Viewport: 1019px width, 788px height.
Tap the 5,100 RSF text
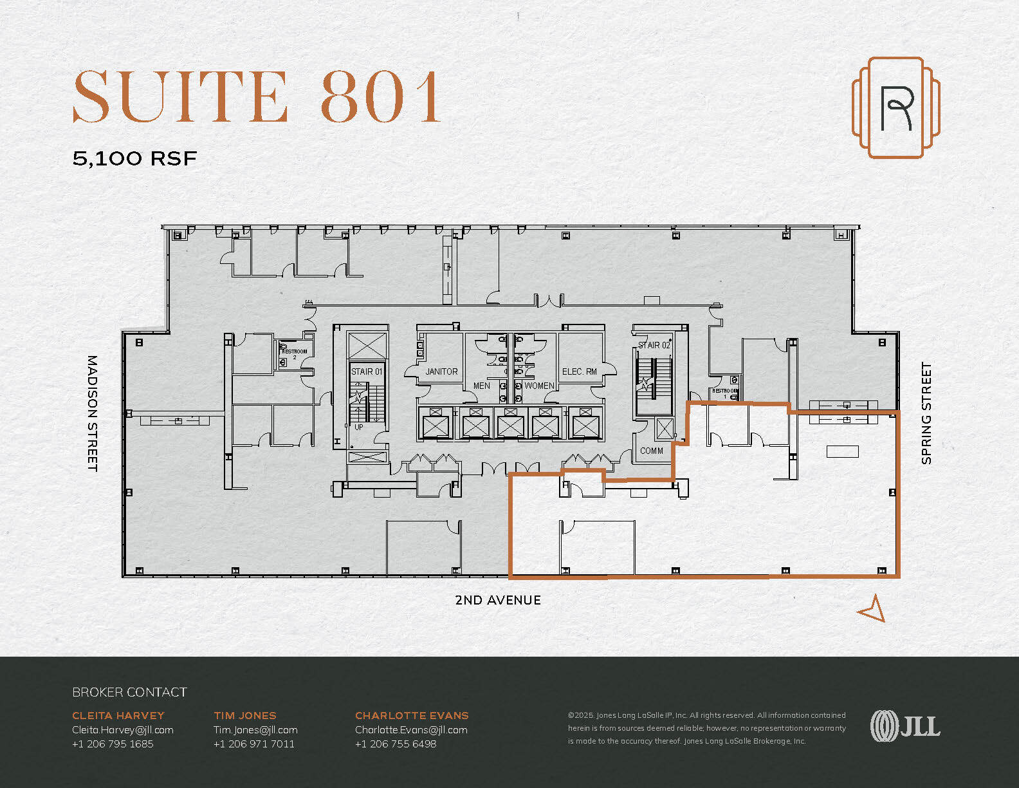134,158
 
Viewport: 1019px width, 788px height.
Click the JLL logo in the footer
905,726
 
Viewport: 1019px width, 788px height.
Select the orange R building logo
896,108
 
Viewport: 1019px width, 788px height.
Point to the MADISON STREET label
93,413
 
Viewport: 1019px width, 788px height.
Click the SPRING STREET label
926,413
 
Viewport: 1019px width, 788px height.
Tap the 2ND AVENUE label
497,600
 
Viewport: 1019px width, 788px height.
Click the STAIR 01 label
367,371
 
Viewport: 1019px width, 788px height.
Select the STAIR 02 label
654,346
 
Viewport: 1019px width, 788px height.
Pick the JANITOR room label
441,371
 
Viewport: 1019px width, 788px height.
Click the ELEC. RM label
579,371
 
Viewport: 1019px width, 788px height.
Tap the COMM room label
651,451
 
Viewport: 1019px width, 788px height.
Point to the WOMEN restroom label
539,386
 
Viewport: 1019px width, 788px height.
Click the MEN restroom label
482,386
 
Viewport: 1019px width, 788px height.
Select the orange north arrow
872,608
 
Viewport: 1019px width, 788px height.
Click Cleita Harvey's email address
123,730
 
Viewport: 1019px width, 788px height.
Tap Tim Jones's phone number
254,744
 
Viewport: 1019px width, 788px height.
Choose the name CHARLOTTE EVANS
412,715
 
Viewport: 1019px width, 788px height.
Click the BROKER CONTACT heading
129,692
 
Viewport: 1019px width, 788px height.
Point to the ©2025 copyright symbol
571,715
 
